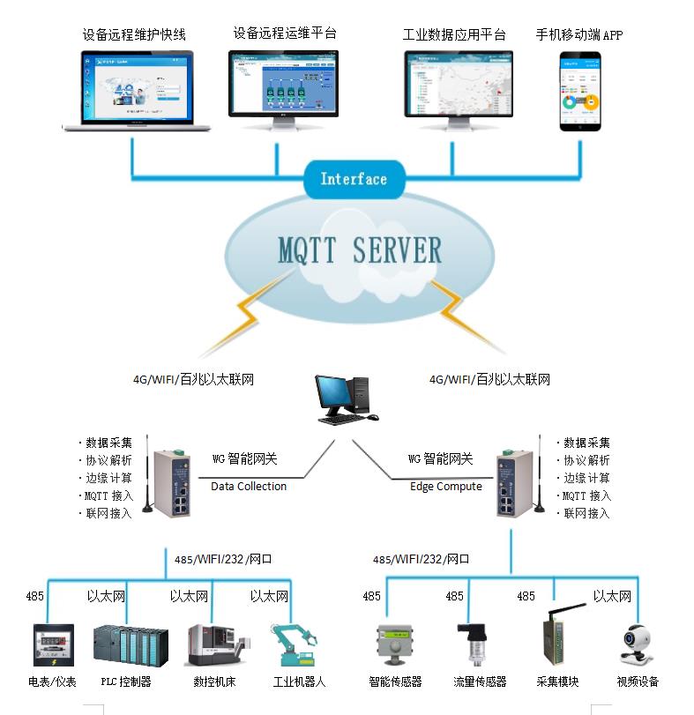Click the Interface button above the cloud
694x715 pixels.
[x=353, y=179]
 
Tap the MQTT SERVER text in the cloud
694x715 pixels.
[x=359, y=250]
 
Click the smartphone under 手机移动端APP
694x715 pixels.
[x=580, y=92]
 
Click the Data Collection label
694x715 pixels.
[x=249, y=486]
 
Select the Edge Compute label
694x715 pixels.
[x=446, y=486]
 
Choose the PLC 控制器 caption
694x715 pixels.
[x=125, y=681]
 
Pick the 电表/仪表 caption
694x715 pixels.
[x=52, y=681]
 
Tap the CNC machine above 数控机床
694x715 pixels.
[x=211, y=646]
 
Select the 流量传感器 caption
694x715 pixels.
[x=479, y=681]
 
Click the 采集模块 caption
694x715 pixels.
[x=557, y=681]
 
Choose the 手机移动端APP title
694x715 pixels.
[x=578, y=34]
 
